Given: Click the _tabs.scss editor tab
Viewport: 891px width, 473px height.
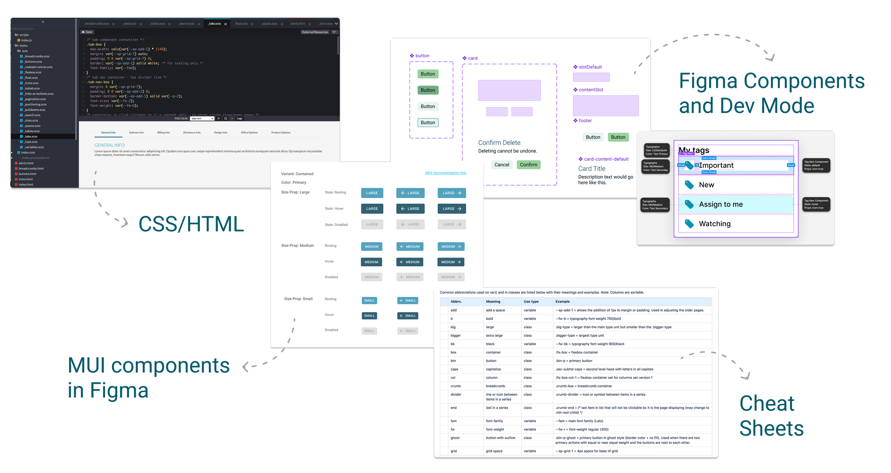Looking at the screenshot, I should pyautogui.click(x=215, y=24).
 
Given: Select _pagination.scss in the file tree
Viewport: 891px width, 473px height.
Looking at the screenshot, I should pyautogui.click(x=35, y=99).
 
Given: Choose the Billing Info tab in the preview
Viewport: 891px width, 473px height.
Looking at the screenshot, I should pyautogui.click(x=163, y=133).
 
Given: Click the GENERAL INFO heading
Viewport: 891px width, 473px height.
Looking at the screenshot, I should pyautogui.click(x=109, y=145).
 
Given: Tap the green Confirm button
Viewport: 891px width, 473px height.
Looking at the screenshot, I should pyautogui.click(x=528, y=165).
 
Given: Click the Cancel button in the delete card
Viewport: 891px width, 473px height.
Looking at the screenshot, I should pyautogui.click(x=501, y=165).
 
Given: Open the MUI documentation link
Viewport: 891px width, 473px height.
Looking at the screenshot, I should pyautogui.click(x=445, y=173).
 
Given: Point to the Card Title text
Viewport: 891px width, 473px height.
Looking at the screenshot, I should pyautogui.click(x=592, y=169).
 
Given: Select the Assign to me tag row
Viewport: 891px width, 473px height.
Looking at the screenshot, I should pyautogui.click(x=721, y=204).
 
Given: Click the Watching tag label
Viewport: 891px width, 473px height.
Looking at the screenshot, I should pyautogui.click(x=715, y=224).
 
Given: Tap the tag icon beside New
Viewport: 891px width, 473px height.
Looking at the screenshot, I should pyautogui.click(x=689, y=185).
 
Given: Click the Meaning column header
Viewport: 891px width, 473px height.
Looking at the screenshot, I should pyautogui.click(x=493, y=302).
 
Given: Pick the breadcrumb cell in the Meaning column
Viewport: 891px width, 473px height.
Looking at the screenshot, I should pyautogui.click(x=495, y=386).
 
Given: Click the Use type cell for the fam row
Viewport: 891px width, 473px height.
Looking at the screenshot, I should pyautogui.click(x=530, y=421).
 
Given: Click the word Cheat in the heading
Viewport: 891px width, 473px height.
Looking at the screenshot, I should pyautogui.click(x=767, y=404).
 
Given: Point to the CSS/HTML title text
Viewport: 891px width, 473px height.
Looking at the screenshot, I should pyautogui.click(x=191, y=224).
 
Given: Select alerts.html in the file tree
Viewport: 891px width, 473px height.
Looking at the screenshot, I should pyautogui.click(x=26, y=163).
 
